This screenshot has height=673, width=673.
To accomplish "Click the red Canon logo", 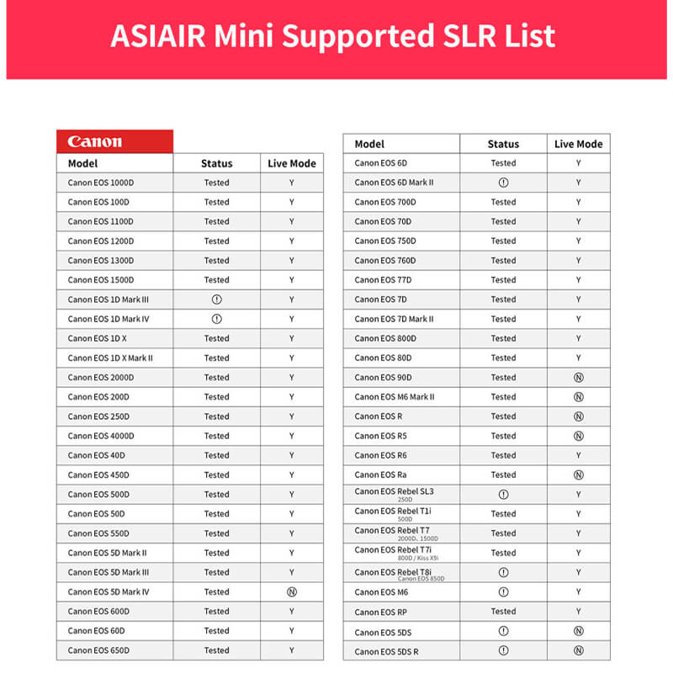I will [95, 141].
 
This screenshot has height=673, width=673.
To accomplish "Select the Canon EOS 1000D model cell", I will [98, 183].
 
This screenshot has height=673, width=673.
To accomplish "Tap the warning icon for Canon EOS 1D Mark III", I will [216, 299].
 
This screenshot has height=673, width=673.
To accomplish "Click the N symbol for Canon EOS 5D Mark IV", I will [292, 592].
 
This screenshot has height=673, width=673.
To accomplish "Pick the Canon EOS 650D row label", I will [98, 650].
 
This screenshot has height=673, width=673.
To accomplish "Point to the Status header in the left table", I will [216, 163].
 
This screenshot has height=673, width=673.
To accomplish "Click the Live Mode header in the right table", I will [578, 144].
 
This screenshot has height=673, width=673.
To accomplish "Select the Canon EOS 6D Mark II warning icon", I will [503, 183].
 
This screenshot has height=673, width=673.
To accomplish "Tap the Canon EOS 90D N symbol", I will [579, 378].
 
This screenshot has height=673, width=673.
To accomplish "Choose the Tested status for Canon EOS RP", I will [503, 612].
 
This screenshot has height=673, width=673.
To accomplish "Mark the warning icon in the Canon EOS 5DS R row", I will [503, 651].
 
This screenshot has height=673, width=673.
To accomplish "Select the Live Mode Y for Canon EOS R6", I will [579, 455].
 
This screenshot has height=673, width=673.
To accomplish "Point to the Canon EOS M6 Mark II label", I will [395, 397].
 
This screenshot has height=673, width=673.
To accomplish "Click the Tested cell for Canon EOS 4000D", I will [216, 436].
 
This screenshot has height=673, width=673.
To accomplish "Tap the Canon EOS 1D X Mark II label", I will [110, 358].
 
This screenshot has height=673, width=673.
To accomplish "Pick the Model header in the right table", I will [369, 144].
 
